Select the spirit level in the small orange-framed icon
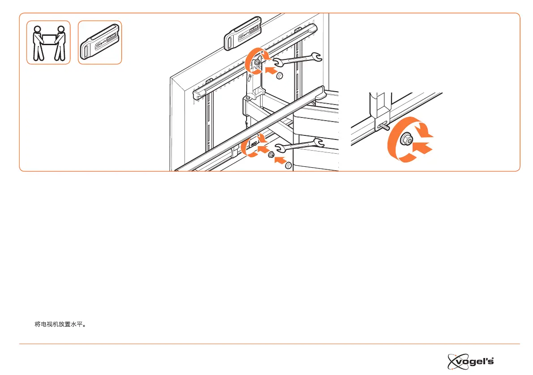[x=99, y=42]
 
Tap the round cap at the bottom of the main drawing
[x=288, y=166]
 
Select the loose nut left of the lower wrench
[x=271, y=155]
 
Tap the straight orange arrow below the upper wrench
[x=271, y=70]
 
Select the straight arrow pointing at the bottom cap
[x=279, y=161]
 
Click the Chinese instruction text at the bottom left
[x=60, y=324]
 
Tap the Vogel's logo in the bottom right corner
[x=473, y=359]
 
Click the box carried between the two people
[x=49, y=37]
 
